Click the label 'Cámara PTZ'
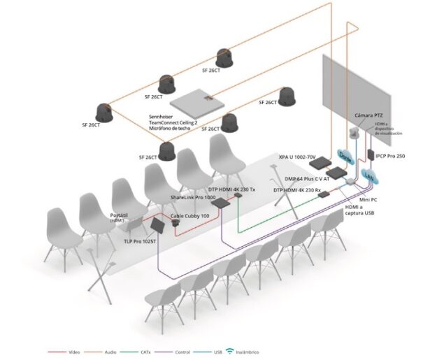[x=368, y=115]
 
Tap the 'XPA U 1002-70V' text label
[x=303, y=157]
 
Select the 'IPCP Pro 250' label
[x=390, y=156]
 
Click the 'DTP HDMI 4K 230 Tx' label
[x=231, y=189]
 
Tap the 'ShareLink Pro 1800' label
[x=194, y=199]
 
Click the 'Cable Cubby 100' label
[x=189, y=215]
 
